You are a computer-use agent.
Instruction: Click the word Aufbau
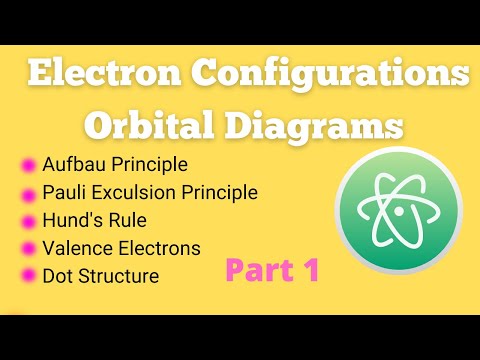(72, 164)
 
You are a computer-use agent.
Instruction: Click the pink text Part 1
(271, 271)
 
